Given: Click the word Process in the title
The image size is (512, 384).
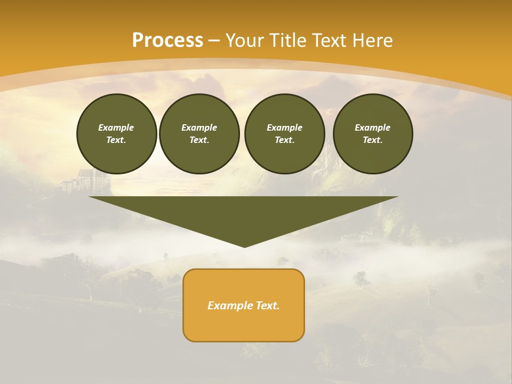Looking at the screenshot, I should pyautogui.click(x=167, y=41).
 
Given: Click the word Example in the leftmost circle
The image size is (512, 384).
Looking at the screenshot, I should pyautogui.click(x=116, y=127).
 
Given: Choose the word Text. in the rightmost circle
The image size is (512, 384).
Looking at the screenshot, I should pyautogui.click(x=373, y=140).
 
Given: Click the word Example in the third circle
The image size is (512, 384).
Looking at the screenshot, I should pyautogui.click(x=285, y=127).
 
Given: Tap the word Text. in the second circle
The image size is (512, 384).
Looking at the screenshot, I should pyautogui.click(x=199, y=140).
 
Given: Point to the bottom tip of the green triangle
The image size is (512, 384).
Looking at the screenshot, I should pyautogui.click(x=244, y=246).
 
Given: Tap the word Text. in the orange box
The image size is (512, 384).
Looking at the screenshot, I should pyautogui.click(x=267, y=306).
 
